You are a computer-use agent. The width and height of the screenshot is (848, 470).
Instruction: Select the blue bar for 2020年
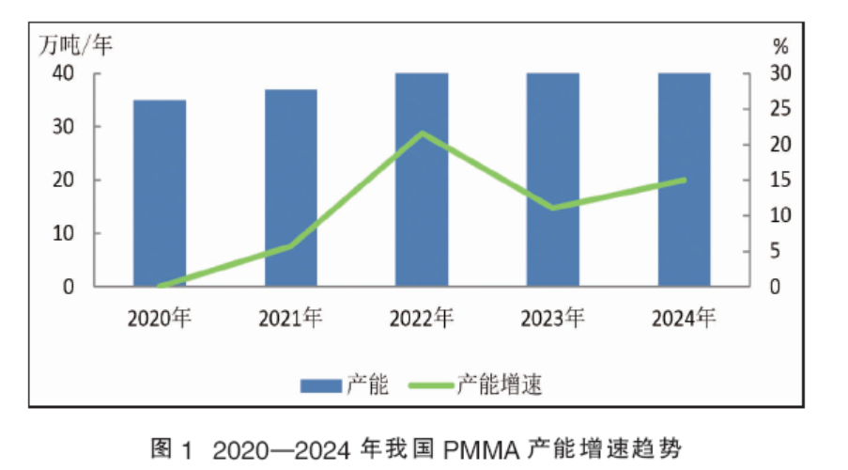pyautogui.click(x=159, y=193)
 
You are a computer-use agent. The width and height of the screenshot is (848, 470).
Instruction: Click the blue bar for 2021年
pyautogui.click(x=290, y=188)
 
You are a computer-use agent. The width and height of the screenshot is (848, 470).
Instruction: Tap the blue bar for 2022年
pyautogui.click(x=422, y=179)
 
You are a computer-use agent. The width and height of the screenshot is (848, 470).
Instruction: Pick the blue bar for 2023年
pyautogui.click(x=552, y=179)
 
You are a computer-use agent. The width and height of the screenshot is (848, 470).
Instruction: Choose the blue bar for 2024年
pyautogui.click(x=684, y=179)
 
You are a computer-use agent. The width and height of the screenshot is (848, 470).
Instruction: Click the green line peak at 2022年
pyautogui.click(x=422, y=133)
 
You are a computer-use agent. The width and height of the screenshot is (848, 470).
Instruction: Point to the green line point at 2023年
pyautogui.click(x=552, y=208)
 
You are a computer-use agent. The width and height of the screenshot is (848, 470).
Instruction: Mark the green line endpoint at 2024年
pyautogui.click(x=684, y=180)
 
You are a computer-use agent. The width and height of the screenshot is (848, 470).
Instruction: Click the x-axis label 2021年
pyautogui.click(x=290, y=318)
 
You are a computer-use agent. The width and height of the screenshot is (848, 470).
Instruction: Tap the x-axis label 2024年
pyautogui.click(x=684, y=318)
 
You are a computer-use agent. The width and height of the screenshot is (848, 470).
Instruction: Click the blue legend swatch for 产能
pyautogui.click(x=319, y=385)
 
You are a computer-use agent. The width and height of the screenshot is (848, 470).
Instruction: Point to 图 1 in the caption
pyautogui.click(x=171, y=449)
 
